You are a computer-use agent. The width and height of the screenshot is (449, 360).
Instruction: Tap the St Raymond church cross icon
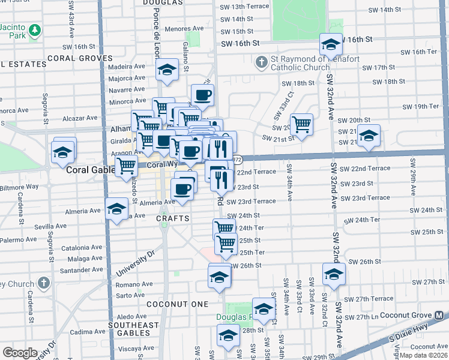click(x=262, y=62)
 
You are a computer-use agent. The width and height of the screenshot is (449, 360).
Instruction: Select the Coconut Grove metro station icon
click(x=441, y=314)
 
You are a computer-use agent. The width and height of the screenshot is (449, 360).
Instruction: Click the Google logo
click(x=20, y=352)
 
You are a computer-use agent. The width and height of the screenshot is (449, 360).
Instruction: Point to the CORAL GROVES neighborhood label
click(x=79, y=58)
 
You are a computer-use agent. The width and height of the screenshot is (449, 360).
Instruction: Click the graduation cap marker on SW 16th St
click(x=330, y=44)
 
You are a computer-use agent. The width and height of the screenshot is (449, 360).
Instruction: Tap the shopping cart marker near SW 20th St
click(x=302, y=124)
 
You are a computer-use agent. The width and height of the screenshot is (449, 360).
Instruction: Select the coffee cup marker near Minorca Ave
click(x=203, y=94)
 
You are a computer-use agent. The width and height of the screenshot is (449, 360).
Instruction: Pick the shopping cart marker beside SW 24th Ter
click(x=224, y=227)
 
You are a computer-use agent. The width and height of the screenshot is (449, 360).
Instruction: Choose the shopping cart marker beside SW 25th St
click(x=226, y=243)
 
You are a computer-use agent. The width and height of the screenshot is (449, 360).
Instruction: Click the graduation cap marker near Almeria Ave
click(x=116, y=209)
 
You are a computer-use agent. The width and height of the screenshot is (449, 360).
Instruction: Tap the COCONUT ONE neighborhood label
click(x=177, y=304)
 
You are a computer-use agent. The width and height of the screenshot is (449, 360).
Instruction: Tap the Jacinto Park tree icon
click(x=35, y=29)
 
